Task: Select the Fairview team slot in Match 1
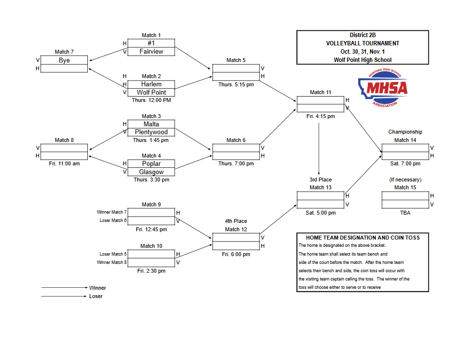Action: coord(151,51)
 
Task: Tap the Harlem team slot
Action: coord(151,84)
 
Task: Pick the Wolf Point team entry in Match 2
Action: coord(151,92)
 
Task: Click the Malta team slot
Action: coord(151,124)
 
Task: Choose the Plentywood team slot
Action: coord(151,132)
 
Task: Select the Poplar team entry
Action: coord(151,164)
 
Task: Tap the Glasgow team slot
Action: coord(151,172)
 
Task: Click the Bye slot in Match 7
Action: coord(64,60)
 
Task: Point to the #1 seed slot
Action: coord(151,43)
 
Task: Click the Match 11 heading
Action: coord(321,92)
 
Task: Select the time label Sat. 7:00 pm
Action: coord(405,164)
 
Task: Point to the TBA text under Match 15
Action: coord(405,213)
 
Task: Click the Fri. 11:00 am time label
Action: coord(64,164)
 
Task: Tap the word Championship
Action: coord(405,132)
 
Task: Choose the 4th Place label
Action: coord(236,221)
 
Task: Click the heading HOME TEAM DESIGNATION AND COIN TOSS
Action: coord(363,238)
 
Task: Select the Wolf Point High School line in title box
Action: coord(363,60)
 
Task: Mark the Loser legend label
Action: coord(96,296)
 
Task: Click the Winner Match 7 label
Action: coord(112,212)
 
